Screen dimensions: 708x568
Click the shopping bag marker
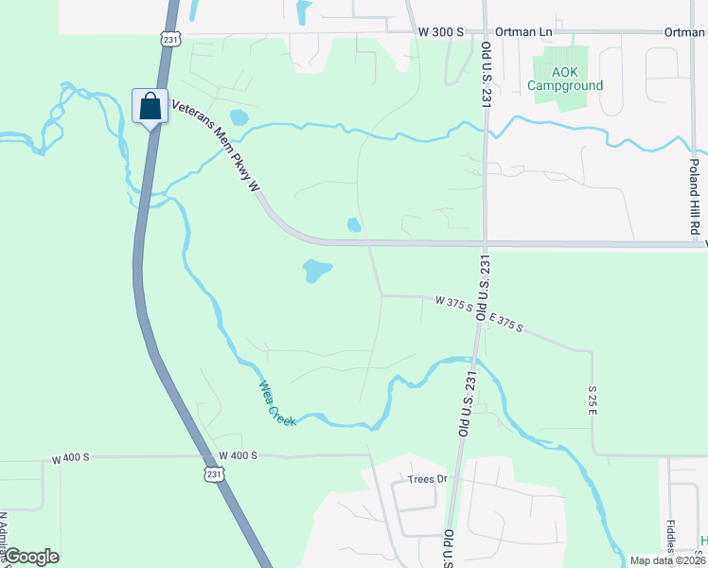pyautogui.click(x=150, y=106)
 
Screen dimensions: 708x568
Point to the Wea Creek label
pyautogui.click(x=278, y=403)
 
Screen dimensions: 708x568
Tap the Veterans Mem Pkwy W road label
pyautogui.click(x=215, y=148)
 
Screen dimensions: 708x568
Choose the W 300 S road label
pyautogui.click(x=441, y=32)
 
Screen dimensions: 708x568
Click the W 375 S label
pyautogui.click(x=453, y=302)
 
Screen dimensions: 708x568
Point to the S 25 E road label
pyautogui.click(x=593, y=399)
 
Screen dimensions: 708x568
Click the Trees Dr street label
pyautogui.click(x=427, y=479)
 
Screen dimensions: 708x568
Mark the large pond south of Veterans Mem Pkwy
pyautogui.click(x=316, y=272)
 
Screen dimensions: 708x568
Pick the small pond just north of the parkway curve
pyautogui.click(x=354, y=225)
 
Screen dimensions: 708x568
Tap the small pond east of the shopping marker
pyautogui.click(x=239, y=118)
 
